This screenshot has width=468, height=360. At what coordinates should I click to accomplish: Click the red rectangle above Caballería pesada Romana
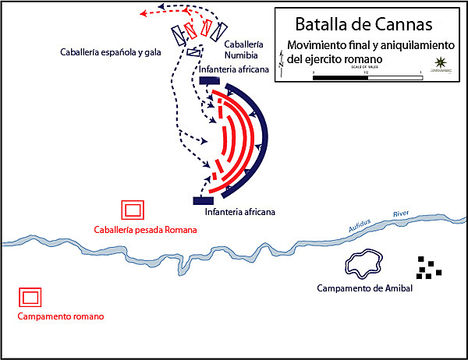tap(133, 210)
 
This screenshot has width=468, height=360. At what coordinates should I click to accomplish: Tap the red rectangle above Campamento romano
tap(31, 298)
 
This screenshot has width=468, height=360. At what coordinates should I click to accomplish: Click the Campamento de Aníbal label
tap(364, 289)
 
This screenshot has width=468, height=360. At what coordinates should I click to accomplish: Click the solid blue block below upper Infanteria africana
tap(209, 80)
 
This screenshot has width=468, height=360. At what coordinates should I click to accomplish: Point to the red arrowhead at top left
tap(144, 13)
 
